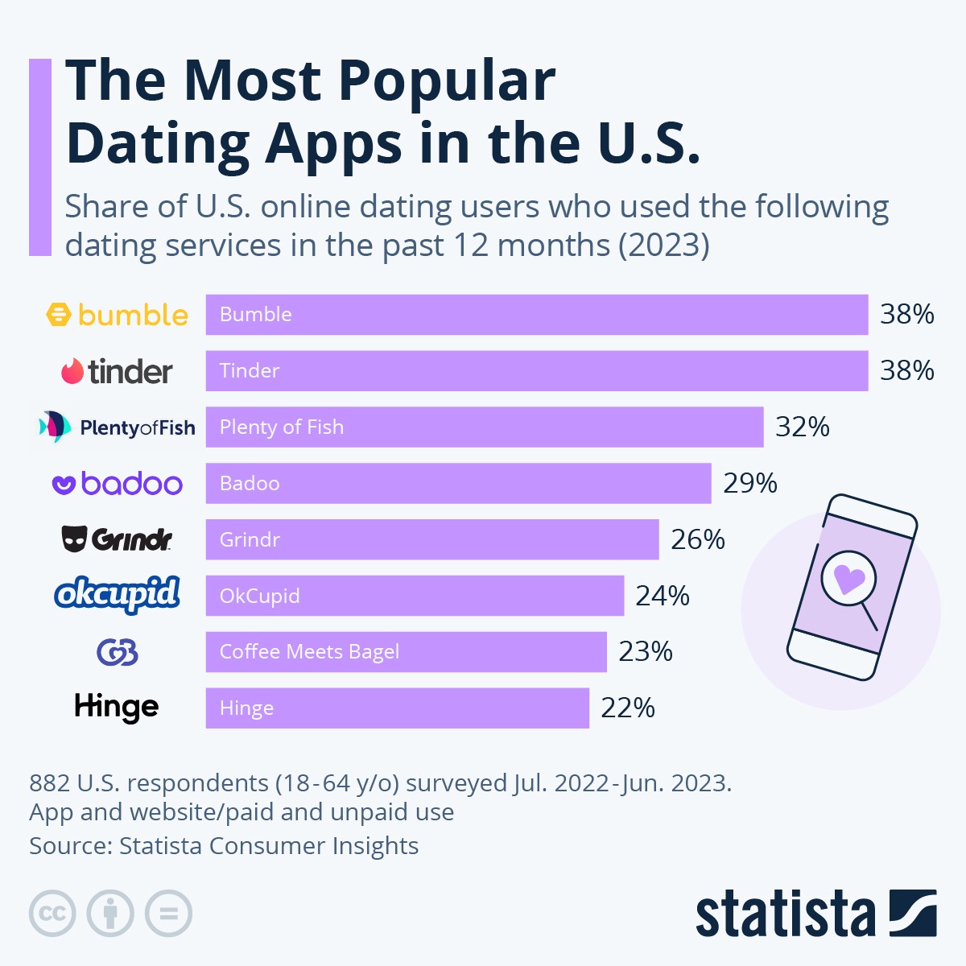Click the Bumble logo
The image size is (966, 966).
(118, 315)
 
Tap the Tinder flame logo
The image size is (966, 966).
(72, 371)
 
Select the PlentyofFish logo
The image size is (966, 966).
(118, 427)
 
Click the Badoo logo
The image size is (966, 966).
(118, 484)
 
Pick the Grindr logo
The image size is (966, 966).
(118, 539)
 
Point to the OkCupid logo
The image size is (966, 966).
(118, 595)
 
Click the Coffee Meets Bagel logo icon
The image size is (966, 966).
(118, 652)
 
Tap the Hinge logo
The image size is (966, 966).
(117, 708)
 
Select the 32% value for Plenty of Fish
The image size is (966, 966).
(802, 427)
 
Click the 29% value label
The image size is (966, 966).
(750, 483)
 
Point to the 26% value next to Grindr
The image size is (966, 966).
(698, 539)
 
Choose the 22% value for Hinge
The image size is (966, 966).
(628, 708)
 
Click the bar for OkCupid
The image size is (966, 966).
(415, 596)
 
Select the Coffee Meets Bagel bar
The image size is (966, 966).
(406, 652)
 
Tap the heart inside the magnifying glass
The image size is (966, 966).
(848, 578)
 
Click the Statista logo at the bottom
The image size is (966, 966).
(815, 914)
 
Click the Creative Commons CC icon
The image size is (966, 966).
(52, 914)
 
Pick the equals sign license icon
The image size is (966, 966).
(169, 914)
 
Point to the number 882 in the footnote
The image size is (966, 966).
(49, 783)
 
